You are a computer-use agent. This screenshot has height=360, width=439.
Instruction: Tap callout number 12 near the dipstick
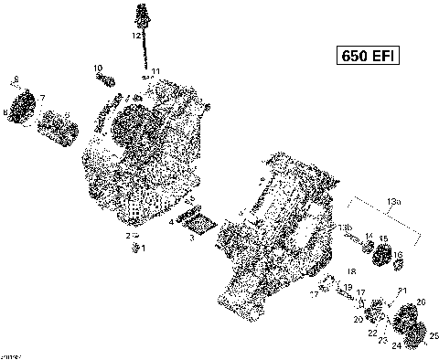135,36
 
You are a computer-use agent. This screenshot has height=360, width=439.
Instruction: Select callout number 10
97,69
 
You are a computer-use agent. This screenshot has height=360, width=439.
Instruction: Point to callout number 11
156,71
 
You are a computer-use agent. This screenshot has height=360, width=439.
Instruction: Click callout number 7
41,97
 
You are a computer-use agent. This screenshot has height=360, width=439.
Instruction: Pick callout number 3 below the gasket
191,238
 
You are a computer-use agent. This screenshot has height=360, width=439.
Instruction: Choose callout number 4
171,222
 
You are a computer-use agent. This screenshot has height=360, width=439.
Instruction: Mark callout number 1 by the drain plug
143,248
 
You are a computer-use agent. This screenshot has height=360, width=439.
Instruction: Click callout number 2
129,236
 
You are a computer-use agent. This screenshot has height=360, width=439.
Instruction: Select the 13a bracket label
393,200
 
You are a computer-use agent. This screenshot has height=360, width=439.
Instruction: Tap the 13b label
345,227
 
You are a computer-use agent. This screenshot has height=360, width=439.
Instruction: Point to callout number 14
369,237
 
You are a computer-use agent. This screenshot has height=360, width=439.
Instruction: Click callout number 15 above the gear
384,239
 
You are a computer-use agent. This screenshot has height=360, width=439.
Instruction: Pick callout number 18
352,272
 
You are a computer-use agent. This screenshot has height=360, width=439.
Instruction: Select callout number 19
348,287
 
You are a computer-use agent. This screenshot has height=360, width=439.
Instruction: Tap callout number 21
402,290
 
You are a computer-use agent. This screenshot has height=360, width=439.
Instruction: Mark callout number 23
383,339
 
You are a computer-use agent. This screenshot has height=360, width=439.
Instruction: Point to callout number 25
434,334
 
